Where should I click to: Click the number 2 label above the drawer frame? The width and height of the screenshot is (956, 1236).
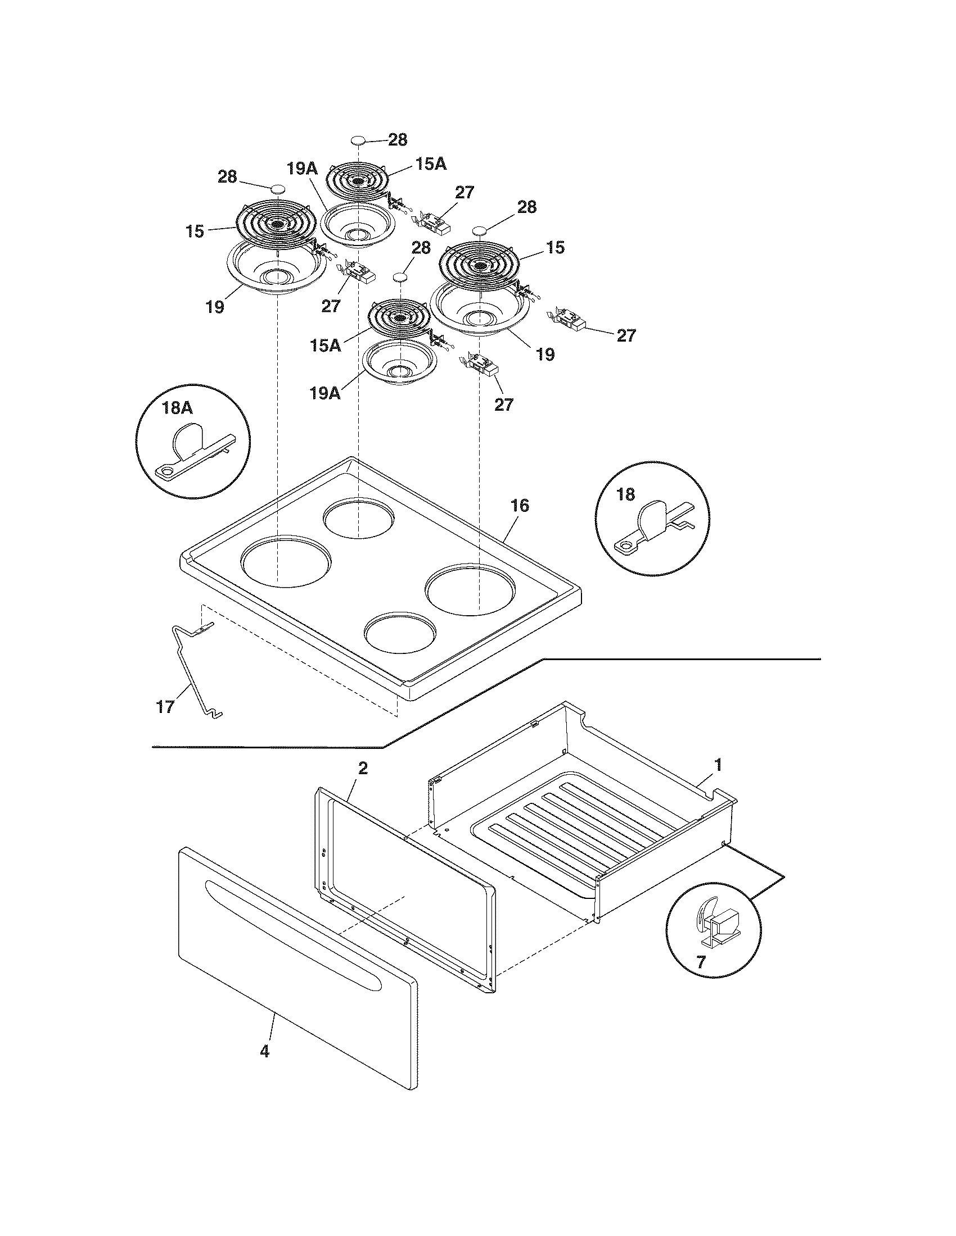point(363,768)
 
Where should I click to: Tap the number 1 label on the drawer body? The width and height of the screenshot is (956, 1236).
point(718,765)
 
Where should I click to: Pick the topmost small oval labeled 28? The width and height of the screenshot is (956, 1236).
point(359,140)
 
